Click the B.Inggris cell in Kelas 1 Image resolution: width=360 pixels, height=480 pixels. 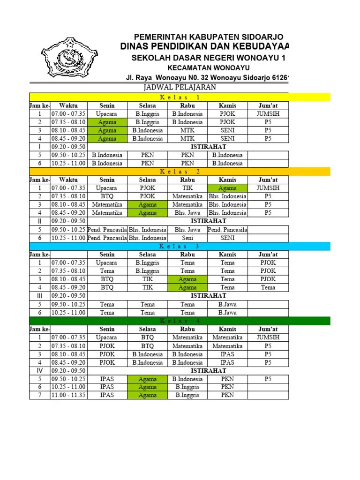pyautogui.click(x=148, y=114)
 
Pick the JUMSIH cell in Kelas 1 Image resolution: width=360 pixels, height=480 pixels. pyautogui.click(x=268, y=114)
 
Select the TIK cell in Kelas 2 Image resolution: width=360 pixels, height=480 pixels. pyautogui.click(x=187, y=188)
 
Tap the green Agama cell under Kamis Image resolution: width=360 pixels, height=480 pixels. pyautogui.click(x=227, y=188)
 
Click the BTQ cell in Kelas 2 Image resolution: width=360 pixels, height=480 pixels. pyautogui.click(x=107, y=196)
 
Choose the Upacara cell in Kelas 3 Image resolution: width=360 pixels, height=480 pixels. pyautogui.click(x=107, y=263)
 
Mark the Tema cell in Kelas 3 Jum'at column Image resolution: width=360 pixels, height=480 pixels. pyautogui.click(x=268, y=287)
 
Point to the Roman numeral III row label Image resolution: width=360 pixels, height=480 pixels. pyautogui.click(x=40, y=296)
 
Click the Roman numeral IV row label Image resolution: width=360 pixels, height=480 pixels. pyautogui.click(x=40, y=370)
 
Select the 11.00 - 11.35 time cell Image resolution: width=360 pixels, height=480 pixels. pyautogui.click(x=68, y=395)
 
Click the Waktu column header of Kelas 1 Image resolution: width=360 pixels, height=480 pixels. pyautogui.click(x=68, y=105)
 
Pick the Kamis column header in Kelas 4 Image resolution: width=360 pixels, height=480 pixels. pyautogui.click(x=227, y=329)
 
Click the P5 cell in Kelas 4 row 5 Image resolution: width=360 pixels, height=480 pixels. pyautogui.click(x=268, y=379)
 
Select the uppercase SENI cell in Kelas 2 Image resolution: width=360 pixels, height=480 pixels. pyautogui.click(x=227, y=238)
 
